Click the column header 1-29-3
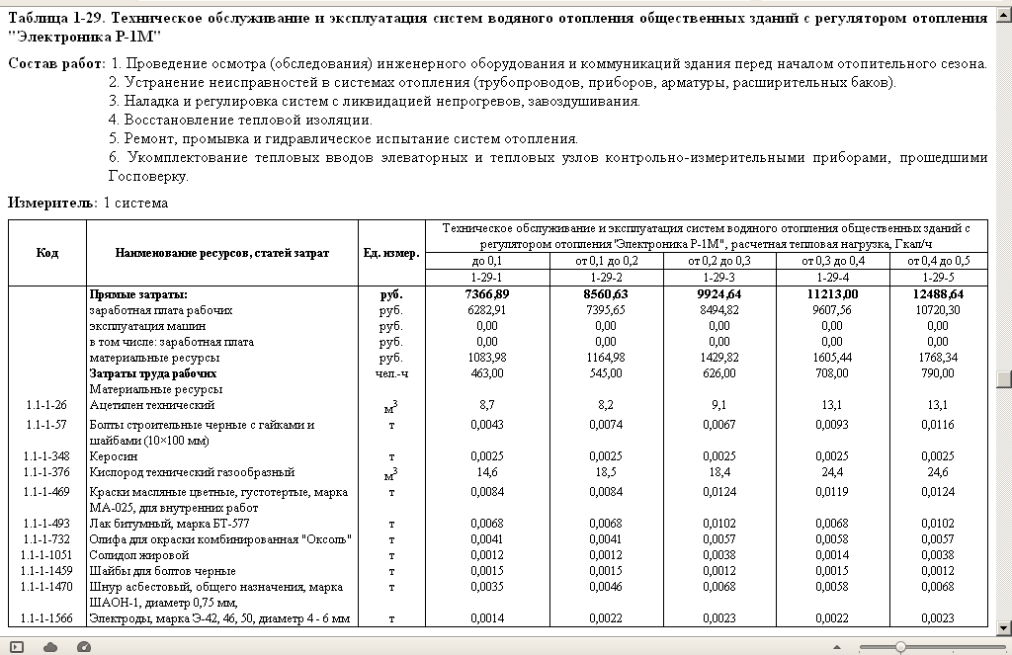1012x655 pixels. (x=718, y=277)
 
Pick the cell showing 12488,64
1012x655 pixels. (x=930, y=294)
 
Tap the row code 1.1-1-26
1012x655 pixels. (x=47, y=405)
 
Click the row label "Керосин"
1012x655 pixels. (x=114, y=456)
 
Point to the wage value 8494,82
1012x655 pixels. (x=718, y=310)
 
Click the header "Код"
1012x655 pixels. (x=47, y=253)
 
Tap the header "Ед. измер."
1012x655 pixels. (x=390, y=253)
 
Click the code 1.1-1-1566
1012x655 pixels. (x=47, y=618)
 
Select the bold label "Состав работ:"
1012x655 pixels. (x=56, y=63)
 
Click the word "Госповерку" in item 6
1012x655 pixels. (x=148, y=177)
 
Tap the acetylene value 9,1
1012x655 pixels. (x=718, y=405)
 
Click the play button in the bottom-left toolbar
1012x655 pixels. (x=17, y=646)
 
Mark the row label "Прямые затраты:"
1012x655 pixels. (x=138, y=294)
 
